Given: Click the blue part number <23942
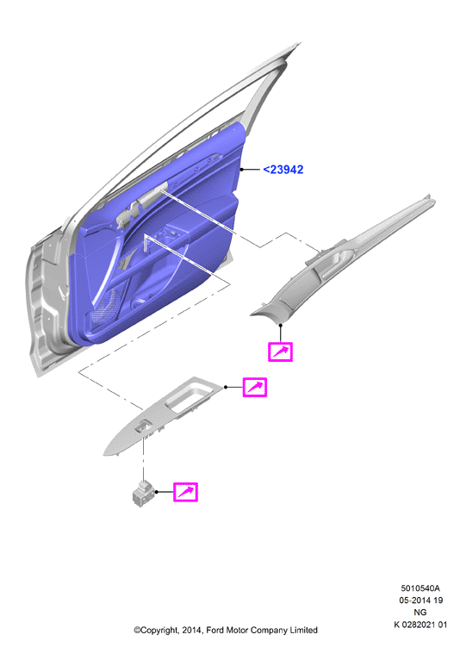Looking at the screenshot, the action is pos(283,170).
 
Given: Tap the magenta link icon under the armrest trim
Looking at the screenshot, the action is pos(280,352).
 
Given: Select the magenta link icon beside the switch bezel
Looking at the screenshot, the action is pos(254,387).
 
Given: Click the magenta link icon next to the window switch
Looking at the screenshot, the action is pos(185,492).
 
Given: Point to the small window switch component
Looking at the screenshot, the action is pos(143,493).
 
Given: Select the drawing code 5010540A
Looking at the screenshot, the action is pos(420,588).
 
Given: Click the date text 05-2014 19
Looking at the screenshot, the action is pos(421,600).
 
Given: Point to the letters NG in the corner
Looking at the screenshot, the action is pos(420,613).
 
